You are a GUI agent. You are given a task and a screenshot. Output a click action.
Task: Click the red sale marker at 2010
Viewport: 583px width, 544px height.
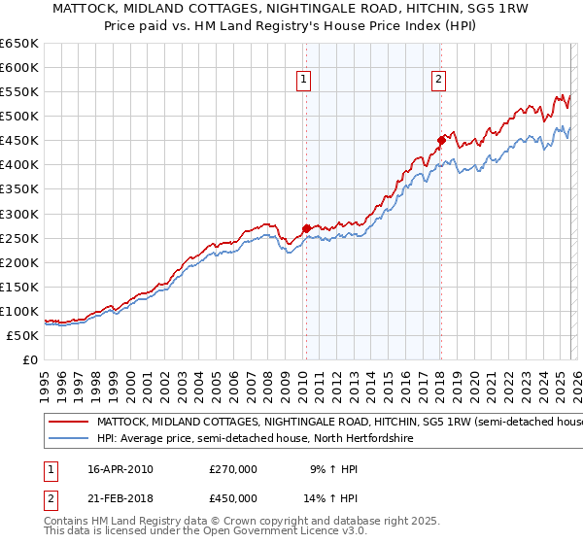tap(306, 228)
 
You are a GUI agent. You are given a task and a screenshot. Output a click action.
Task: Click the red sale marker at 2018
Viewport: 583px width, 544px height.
tap(440, 140)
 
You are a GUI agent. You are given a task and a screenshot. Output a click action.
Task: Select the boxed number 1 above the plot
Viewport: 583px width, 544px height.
tap(304, 81)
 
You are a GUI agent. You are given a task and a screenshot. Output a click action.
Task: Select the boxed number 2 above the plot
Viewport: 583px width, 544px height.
tap(439, 81)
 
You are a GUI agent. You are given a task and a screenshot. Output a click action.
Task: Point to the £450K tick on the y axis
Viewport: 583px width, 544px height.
tap(19, 141)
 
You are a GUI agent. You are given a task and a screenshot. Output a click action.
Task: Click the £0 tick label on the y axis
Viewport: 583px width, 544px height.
tap(29, 360)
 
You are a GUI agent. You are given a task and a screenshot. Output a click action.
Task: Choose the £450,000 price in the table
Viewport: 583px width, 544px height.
tap(232, 497)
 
